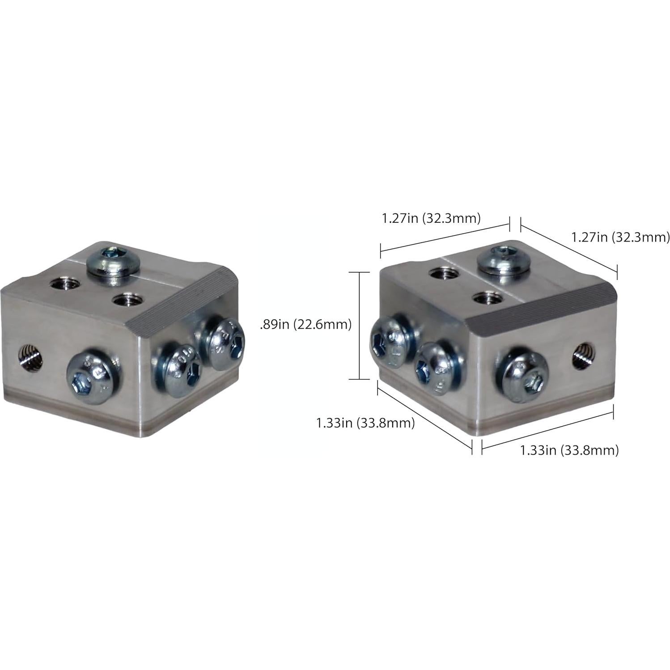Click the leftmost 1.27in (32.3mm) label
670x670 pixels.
[431, 218]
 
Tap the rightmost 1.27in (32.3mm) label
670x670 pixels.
[620, 237]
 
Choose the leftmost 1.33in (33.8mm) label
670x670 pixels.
[365, 423]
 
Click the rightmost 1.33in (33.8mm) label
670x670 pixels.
[569, 450]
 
